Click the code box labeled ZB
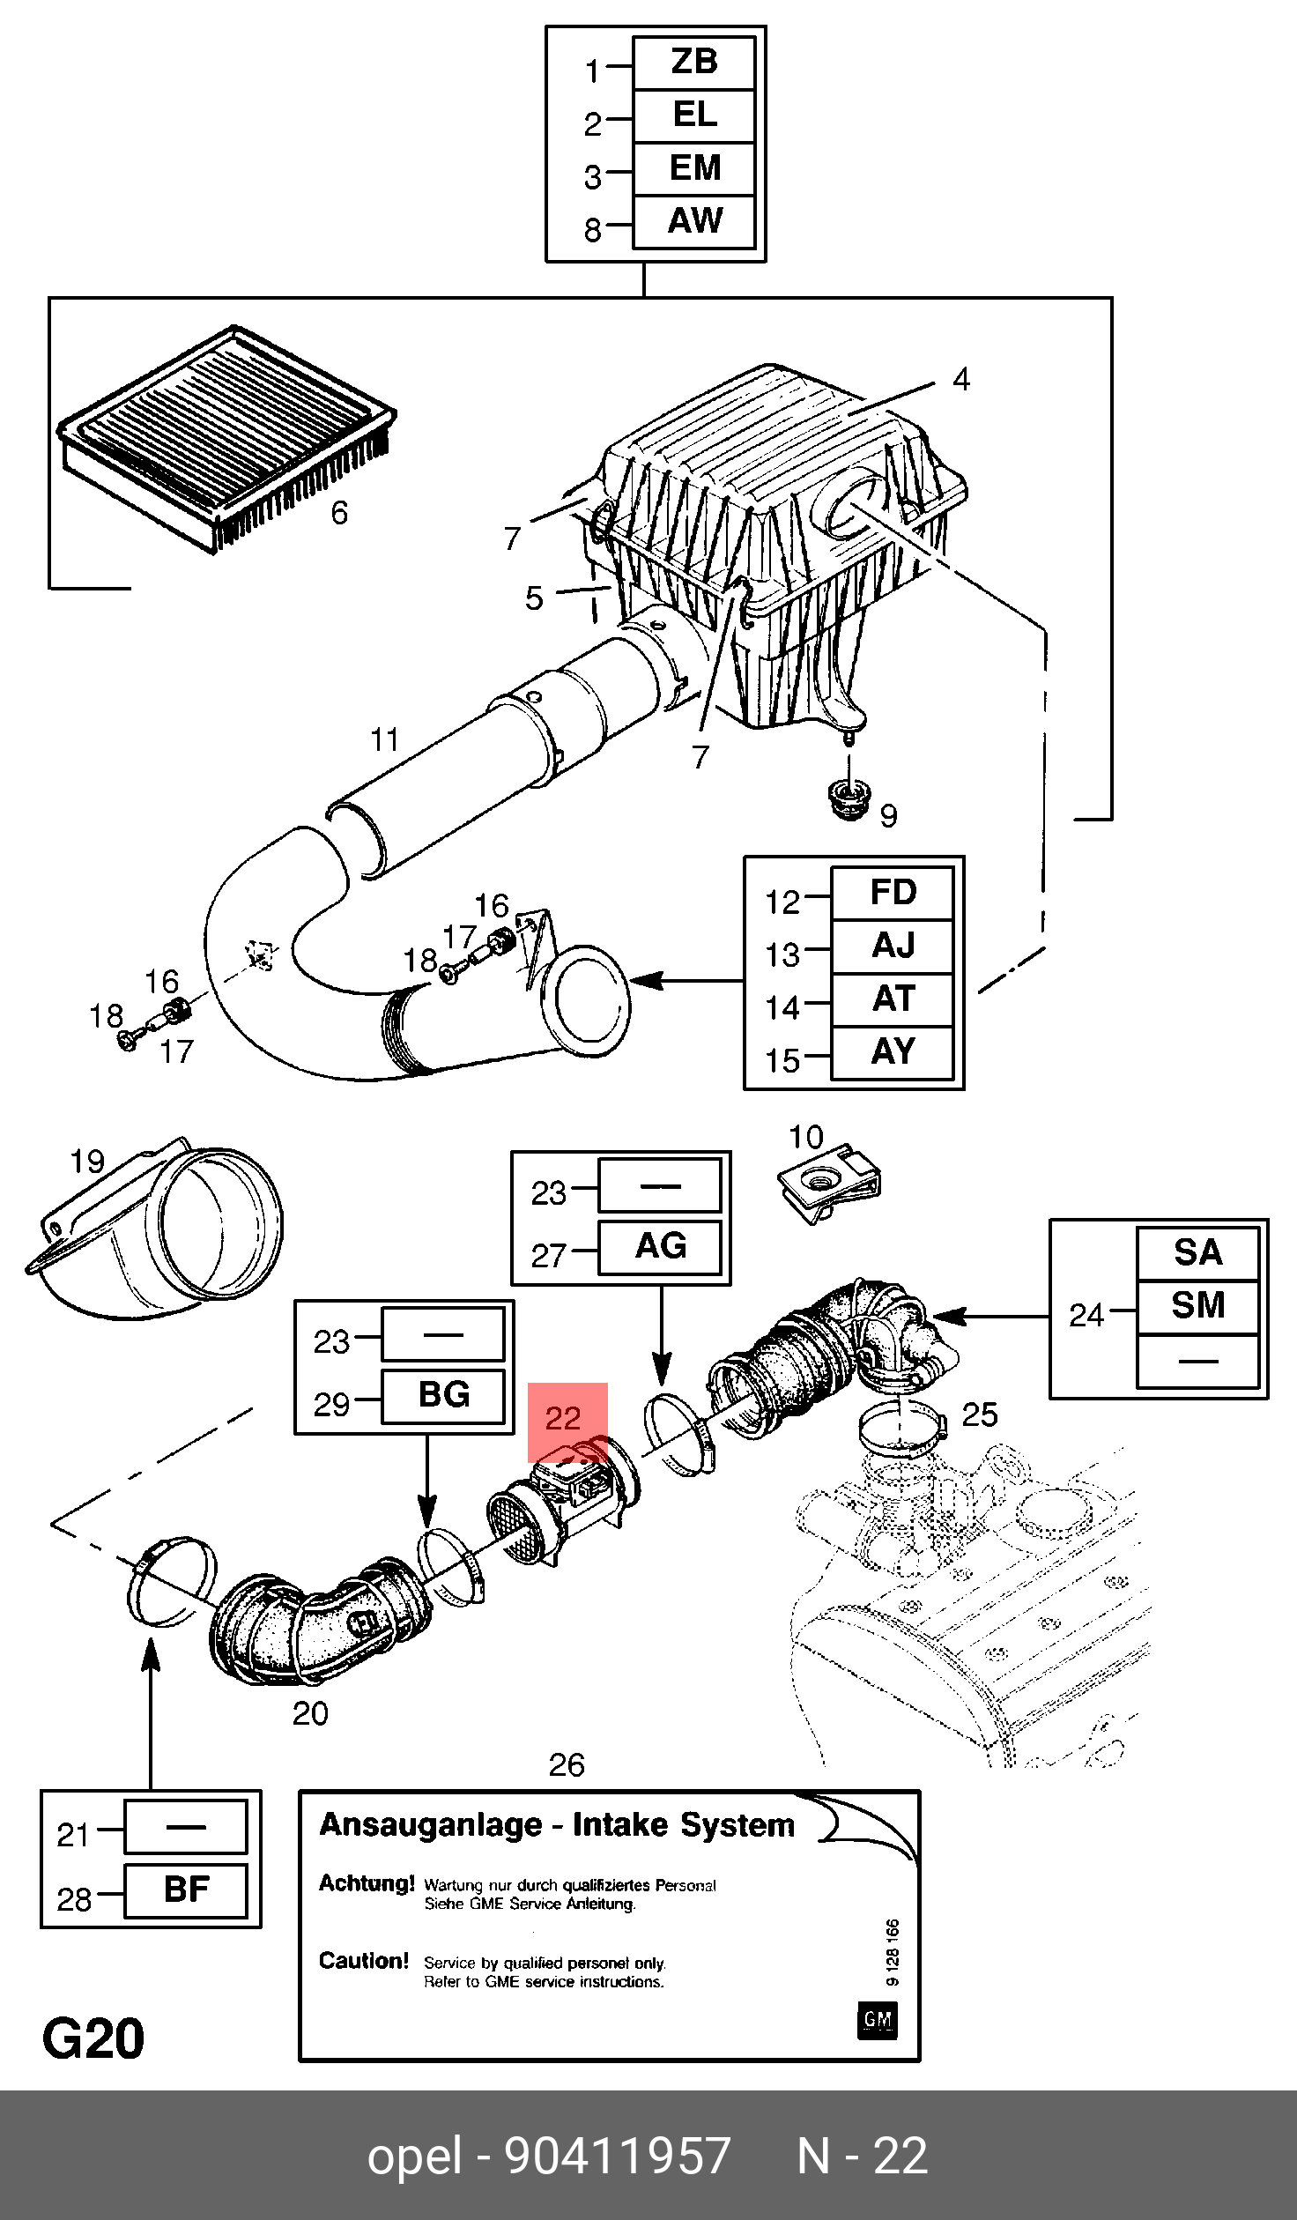(x=694, y=63)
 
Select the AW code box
(x=694, y=221)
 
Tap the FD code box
(x=893, y=894)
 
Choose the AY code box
(x=893, y=1052)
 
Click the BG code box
(x=443, y=1396)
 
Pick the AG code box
(x=660, y=1247)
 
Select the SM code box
(x=1197, y=1307)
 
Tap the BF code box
(x=186, y=1890)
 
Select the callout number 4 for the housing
(x=961, y=380)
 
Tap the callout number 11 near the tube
(x=385, y=739)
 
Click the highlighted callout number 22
(x=563, y=1419)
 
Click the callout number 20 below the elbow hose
(x=310, y=1714)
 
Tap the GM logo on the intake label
(x=877, y=2021)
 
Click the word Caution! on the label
(x=364, y=1961)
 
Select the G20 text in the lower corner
(x=93, y=2039)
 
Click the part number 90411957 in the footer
(x=618, y=2156)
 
